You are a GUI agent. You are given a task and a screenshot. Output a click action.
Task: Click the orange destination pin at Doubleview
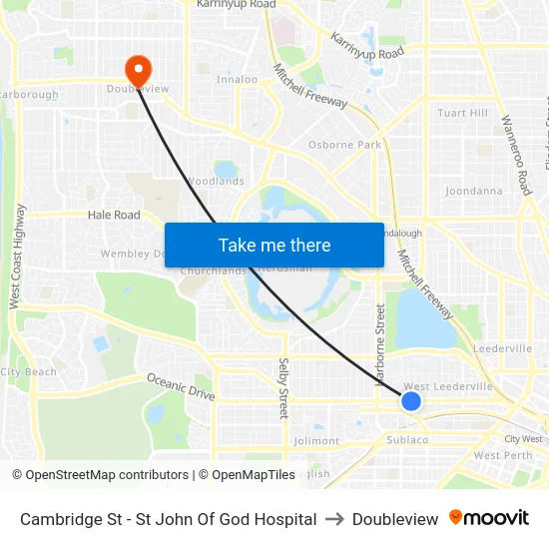[x=137, y=69]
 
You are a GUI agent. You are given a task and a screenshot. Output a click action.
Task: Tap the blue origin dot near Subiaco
[x=411, y=401]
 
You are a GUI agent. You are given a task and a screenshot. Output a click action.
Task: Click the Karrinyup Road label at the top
[x=236, y=5]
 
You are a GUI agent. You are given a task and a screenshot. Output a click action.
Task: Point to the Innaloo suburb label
[x=237, y=79]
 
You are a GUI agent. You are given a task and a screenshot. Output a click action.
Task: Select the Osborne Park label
[x=344, y=145]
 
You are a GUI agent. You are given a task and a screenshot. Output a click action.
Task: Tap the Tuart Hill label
[x=463, y=113]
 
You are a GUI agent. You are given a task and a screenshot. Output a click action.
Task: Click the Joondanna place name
[x=473, y=191]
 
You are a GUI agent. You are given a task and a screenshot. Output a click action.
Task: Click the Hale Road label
[x=114, y=215]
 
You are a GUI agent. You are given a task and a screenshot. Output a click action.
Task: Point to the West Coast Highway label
[x=16, y=257]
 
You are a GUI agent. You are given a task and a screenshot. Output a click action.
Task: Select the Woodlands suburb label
[x=215, y=182]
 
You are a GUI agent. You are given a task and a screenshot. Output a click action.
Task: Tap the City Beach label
[x=29, y=372]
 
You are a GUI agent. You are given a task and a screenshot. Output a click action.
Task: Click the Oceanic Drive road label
[x=181, y=386]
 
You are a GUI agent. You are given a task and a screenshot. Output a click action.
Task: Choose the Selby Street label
[x=283, y=387]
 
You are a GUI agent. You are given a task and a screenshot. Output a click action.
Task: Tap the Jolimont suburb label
[x=317, y=440]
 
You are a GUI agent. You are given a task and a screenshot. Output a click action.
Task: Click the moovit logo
[x=489, y=518]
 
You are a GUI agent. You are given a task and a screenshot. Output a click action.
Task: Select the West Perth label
[x=503, y=455]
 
